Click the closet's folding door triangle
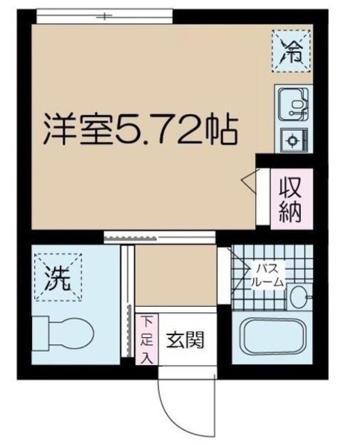pos(249,181)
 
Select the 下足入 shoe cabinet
pos(147,340)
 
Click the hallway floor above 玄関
pos(174,278)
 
